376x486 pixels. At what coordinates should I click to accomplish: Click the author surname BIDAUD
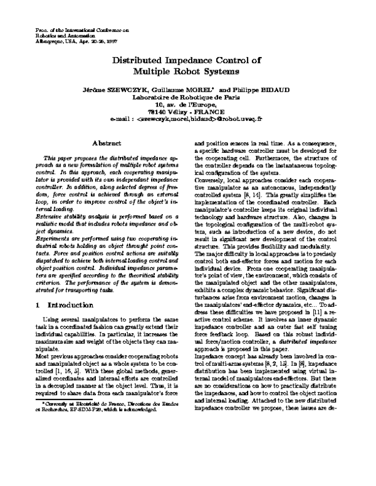pos(273,90)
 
